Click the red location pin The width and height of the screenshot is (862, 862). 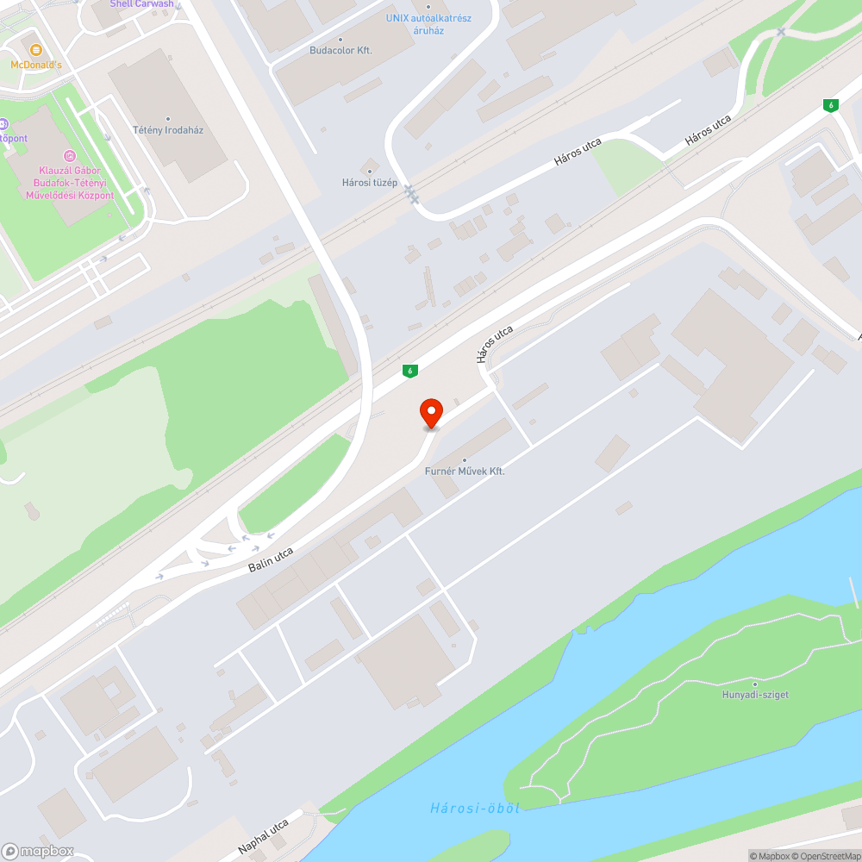pyautogui.click(x=430, y=414)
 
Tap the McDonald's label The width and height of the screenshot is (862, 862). pyautogui.click(x=36, y=65)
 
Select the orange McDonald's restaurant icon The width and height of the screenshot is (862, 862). pyautogui.click(x=36, y=50)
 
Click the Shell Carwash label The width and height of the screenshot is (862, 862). pyautogui.click(x=141, y=4)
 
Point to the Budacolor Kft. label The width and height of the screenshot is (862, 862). pyautogui.click(x=340, y=50)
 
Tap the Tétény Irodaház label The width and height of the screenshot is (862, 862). pyautogui.click(x=168, y=130)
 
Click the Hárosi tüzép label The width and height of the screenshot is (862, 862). pyautogui.click(x=370, y=182)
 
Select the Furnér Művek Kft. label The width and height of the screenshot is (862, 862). pyautogui.click(x=465, y=472)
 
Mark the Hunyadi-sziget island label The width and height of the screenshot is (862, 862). pyautogui.click(x=756, y=695)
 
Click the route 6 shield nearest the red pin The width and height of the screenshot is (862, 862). pyautogui.click(x=410, y=371)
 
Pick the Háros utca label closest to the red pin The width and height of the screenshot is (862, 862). pyautogui.click(x=495, y=343)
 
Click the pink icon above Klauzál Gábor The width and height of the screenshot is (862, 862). pyautogui.click(x=69, y=156)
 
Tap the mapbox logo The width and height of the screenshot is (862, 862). pyautogui.click(x=38, y=851)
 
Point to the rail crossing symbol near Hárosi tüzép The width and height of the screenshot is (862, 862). pyautogui.click(x=412, y=194)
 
